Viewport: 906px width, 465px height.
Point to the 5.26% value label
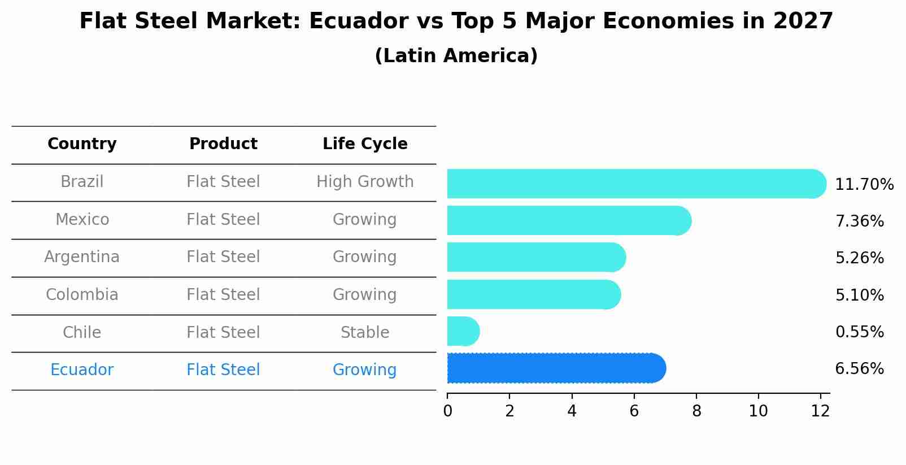tap(859, 258)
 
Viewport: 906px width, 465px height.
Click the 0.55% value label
tap(859, 332)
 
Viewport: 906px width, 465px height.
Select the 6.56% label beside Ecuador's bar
tap(859, 369)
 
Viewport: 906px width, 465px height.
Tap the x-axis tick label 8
tap(696, 411)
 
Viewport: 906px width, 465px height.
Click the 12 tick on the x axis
tap(820, 411)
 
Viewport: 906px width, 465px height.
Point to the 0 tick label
tap(447, 411)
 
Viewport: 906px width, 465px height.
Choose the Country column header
tap(82, 144)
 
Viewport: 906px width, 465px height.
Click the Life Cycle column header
tap(365, 144)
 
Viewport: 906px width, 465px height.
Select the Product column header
tap(223, 144)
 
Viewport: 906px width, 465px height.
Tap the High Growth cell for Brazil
tap(365, 182)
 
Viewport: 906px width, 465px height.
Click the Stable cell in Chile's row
tap(365, 333)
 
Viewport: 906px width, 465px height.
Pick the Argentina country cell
tap(82, 257)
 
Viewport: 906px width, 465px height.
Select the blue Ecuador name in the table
tap(82, 370)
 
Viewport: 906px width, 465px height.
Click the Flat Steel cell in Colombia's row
tap(223, 295)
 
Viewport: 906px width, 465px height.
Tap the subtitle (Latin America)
tap(456, 56)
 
